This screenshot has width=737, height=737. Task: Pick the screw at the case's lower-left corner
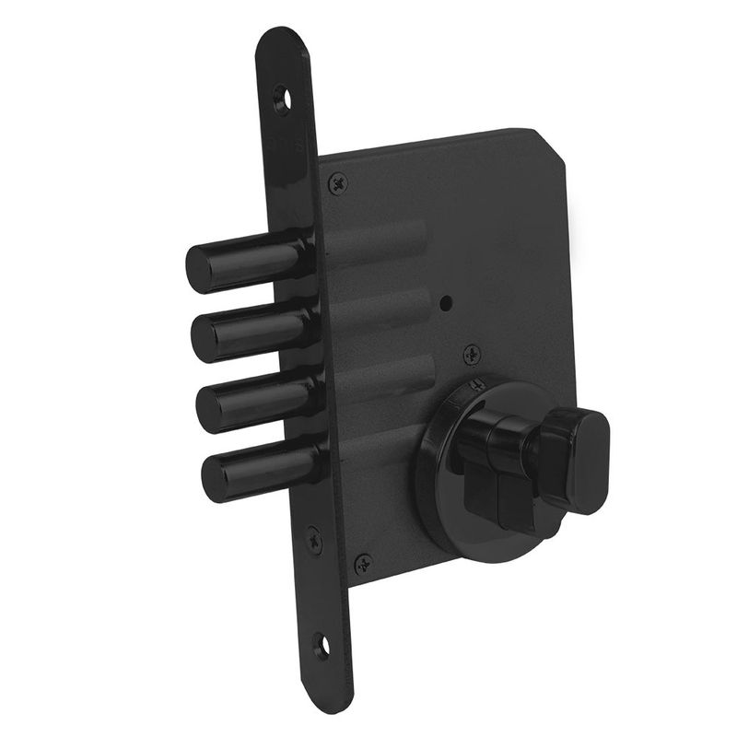(364, 560)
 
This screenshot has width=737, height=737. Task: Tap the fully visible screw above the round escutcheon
(471, 351)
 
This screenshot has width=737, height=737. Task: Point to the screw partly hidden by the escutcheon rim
(475, 384)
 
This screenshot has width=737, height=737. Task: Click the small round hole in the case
(446, 302)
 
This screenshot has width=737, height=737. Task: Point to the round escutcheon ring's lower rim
(461, 534)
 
